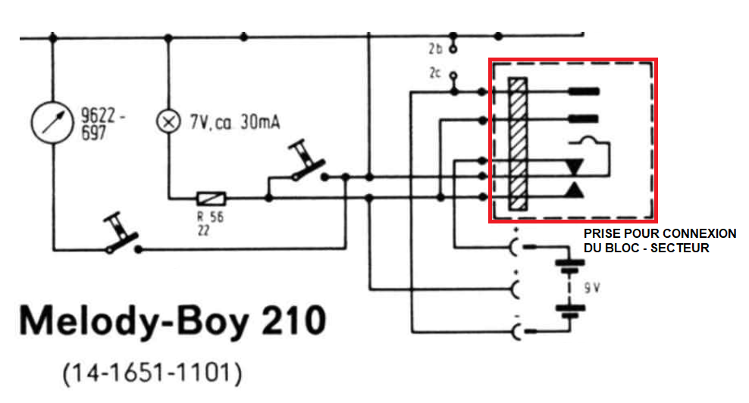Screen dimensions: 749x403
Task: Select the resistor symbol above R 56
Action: [212, 198]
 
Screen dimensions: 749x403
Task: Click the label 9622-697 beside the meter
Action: [102, 124]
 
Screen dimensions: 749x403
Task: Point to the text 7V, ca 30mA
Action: [234, 123]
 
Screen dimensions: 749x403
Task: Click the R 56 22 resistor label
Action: [210, 223]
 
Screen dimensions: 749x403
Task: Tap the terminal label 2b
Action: [435, 48]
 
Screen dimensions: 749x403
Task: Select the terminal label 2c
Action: [434, 73]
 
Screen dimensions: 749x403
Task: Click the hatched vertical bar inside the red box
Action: [518, 144]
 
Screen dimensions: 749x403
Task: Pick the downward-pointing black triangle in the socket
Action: [574, 167]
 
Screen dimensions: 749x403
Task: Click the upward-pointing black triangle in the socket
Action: [574, 189]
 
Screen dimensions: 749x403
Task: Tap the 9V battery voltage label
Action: [592, 288]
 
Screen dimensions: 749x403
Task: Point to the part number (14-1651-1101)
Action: [152, 373]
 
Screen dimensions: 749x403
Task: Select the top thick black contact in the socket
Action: [583, 91]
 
